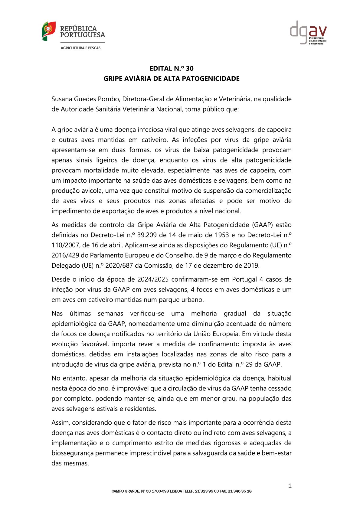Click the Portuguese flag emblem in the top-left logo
point(48,31)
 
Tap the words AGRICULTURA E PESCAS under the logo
point(80,48)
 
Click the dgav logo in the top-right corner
point(308,33)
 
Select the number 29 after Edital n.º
point(249,364)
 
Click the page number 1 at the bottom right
point(290,486)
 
